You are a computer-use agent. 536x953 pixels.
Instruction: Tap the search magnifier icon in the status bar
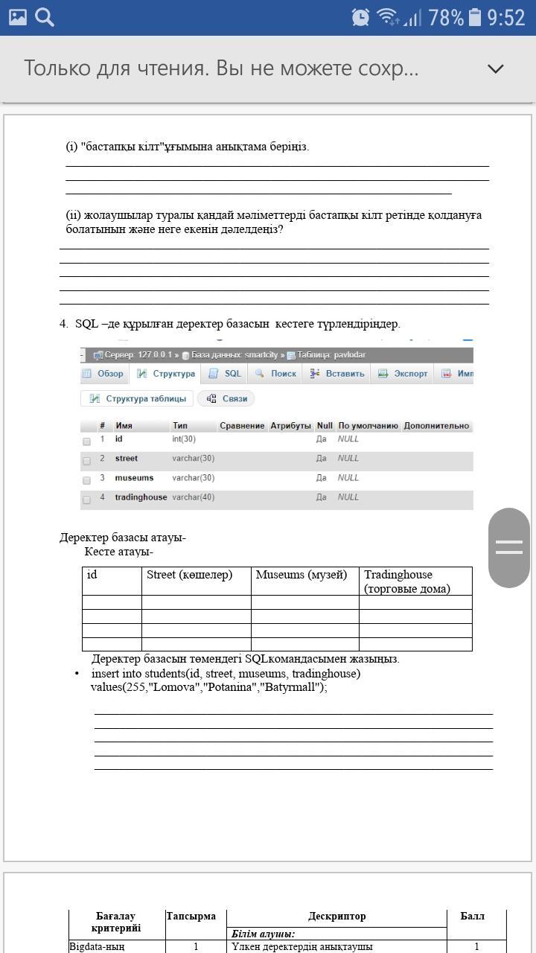(45, 16)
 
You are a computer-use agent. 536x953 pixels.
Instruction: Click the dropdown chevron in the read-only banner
(495, 68)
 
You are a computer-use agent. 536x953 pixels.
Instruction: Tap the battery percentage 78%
(446, 17)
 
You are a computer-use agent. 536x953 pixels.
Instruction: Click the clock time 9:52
(506, 17)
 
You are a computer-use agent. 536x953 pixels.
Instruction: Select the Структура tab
(166, 374)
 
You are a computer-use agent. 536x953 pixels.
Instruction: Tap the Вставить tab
(337, 374)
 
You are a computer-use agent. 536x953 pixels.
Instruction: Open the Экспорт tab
(403, 374)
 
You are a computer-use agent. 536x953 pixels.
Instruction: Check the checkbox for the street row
(86, 461)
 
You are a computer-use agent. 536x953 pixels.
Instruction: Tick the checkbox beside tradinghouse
(86, 500)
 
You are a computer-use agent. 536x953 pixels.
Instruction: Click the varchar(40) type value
(193, 497)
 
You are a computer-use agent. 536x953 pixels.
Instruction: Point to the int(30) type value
(184, 439)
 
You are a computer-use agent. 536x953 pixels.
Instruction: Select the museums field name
(134, 478)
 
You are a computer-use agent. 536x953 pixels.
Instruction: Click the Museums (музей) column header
(301, 575)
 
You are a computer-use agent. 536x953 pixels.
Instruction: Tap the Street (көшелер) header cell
(190, 575)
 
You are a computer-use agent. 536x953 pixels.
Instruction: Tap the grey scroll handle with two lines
(509, 547)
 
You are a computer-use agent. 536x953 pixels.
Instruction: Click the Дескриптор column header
(336, 917)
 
